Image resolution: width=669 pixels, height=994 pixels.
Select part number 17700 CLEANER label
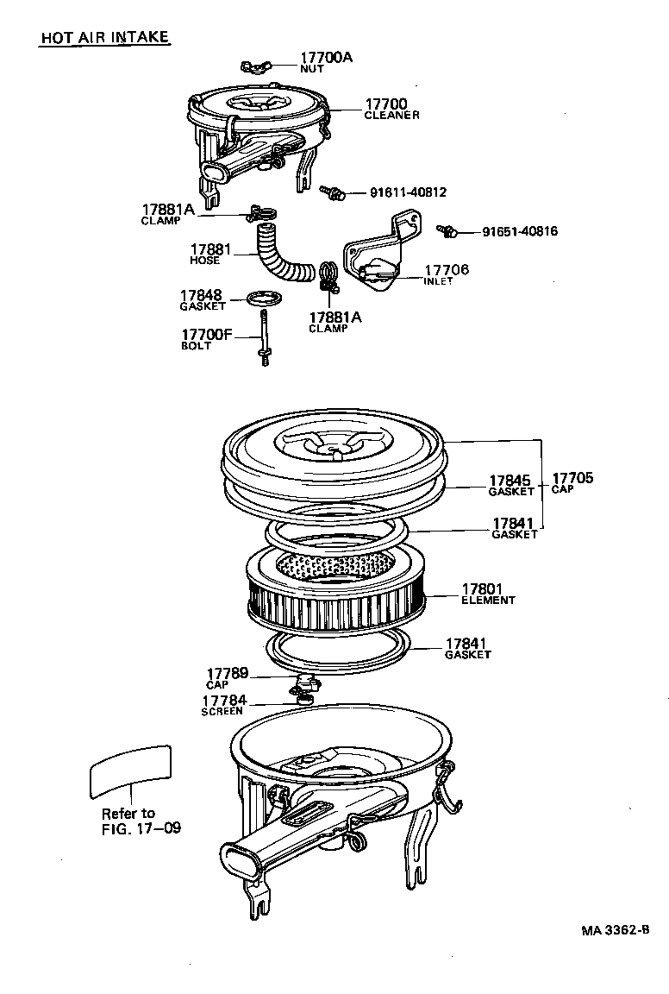tap(391, 109)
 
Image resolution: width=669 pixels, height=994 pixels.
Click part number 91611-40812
tap(408, 192)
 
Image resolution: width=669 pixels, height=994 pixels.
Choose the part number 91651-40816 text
tap(519, 231)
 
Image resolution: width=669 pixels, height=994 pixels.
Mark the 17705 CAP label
tap(573, 482)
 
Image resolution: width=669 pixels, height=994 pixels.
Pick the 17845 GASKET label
tap(511, 485)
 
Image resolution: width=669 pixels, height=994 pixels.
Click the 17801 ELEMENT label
tap(488, 594)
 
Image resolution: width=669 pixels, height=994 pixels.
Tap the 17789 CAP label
tap(227, 677)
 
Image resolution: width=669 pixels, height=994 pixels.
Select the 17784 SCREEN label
tap(223, 705)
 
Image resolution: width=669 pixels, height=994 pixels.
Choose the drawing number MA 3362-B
tap(613, 931)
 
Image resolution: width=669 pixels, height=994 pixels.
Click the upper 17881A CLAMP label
tap(168, 213)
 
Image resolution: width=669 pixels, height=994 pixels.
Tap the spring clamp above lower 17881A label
tap(328, 276)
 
